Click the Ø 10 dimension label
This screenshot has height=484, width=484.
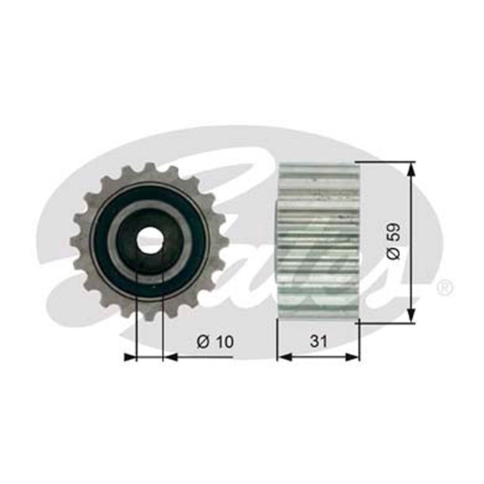215,342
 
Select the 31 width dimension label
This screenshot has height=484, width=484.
318,341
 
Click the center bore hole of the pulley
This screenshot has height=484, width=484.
150,240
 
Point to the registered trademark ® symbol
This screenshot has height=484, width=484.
445,288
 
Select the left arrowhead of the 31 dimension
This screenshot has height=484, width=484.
285,357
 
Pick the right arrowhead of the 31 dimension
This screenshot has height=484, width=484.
352,357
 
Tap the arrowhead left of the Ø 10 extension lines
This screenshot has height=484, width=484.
129,357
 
